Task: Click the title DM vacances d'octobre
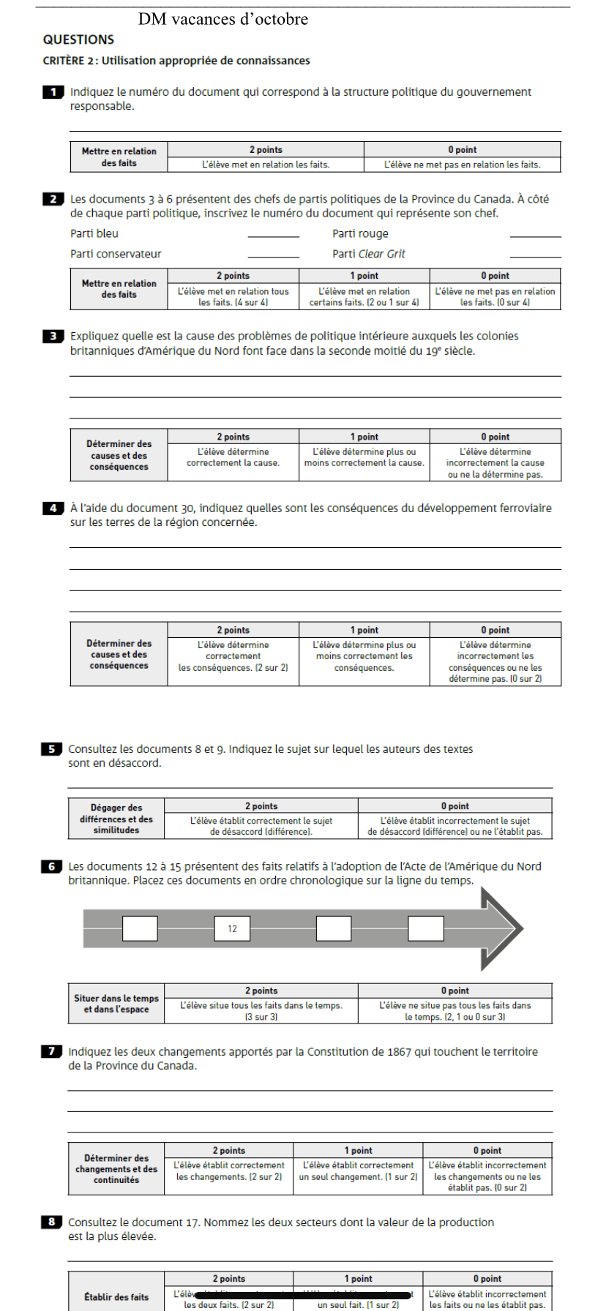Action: pyautogui.click(x=222, y=20)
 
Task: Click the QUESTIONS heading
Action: pyautogui.click(x=78, y=40)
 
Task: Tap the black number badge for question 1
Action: pyautogui.click(x=53, y=92)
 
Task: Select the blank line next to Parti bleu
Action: pyautogui.click(x=274, y=234)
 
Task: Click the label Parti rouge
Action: pyautogui.click(x=360, y=234)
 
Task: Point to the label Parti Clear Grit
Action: pyautogui.click(x=368, y=254)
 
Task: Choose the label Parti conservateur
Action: pyautogui.click(x=116, y=254)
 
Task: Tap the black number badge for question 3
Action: pyautogui.click(x=53, y=337)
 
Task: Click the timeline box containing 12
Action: pyautogui.click(x=232, y=928)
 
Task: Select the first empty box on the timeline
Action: pyautogui.click(x=140, y=928)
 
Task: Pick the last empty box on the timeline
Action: pyautogui.click(x=426, y=928)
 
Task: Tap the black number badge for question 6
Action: pyautogui.click(x=51, y=866)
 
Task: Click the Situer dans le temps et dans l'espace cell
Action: pyautogui.click(x=116, y=1004)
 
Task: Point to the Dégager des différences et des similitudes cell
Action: pyautogui.click(x=116, y=819)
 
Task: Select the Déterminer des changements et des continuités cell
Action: pyautogui.click(x=116, y=1168)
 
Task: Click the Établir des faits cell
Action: pyautogui.click(x=116, y=1297)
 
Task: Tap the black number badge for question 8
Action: pyautogui.click(x=51, y=1222)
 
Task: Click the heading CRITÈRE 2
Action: pyautogui.click(x=176, y=61)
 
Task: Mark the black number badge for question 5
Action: pyautogui.click(x=51, y=749)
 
